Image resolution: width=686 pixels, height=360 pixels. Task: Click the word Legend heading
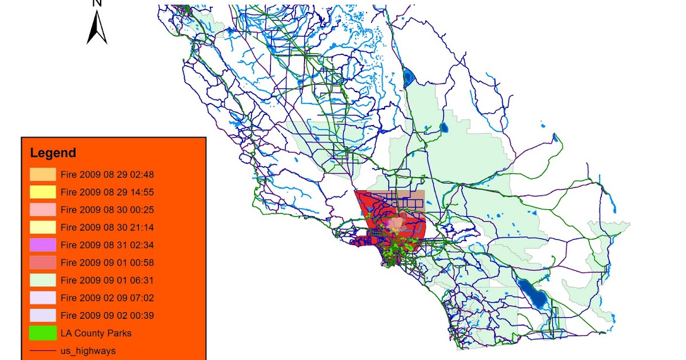(53, 153)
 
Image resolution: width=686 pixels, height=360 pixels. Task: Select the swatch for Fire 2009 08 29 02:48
(43, 174)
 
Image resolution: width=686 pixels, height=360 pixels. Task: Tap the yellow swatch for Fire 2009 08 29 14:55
(43, 192)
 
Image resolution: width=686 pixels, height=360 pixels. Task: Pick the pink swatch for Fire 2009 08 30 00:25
(43, 210)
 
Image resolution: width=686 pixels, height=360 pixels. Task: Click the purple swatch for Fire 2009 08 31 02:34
(43, 245)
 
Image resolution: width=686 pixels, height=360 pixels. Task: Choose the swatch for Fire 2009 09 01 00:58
(43, 263)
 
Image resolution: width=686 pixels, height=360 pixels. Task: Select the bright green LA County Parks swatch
(43, 333)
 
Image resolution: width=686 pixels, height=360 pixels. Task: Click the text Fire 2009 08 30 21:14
(107, 227)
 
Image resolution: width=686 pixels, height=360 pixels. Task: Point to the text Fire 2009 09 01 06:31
(107, 281)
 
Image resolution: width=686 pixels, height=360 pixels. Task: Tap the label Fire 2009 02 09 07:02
(107, 298)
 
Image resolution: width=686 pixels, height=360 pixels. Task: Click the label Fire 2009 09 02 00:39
(107, 315)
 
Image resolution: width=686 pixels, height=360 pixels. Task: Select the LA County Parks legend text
(96, 333)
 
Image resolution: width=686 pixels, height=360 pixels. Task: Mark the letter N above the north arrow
(97, 3)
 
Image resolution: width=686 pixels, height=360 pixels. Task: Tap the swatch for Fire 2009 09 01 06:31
(43, 281)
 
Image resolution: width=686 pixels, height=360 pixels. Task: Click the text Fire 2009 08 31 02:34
(107, 245)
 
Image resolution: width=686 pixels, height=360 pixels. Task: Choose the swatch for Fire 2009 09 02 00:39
(43, 315)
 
